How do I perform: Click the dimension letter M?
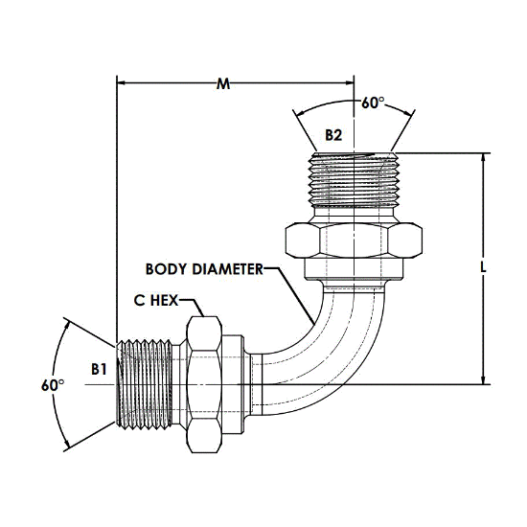(223, 83)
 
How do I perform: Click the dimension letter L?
(483, 268)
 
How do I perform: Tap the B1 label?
(99, 369)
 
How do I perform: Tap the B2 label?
(333, 135)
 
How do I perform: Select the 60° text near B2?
(373, 103)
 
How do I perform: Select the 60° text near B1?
(53, 385)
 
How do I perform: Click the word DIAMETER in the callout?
(227, 269)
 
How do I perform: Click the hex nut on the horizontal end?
(204, 384)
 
